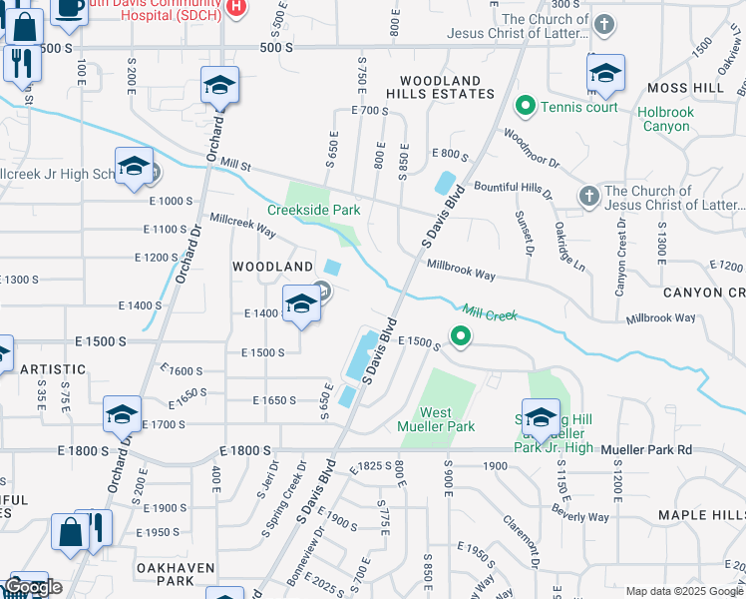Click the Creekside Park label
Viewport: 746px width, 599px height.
313,210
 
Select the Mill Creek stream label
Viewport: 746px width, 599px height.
489,313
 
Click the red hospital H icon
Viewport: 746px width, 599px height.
235,7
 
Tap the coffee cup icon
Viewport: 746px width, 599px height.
68,8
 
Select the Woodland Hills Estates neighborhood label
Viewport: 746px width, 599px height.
447,87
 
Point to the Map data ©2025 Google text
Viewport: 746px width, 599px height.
683,591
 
